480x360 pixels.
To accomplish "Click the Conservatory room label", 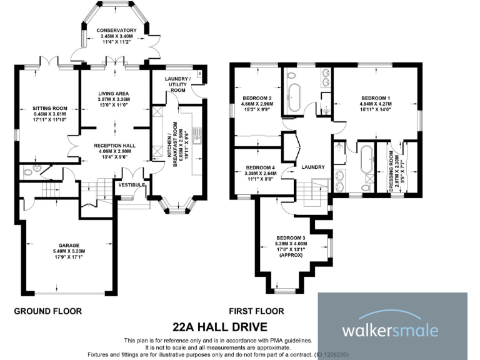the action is [x=116, y=30].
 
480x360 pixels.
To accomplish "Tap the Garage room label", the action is [x=69, y=245].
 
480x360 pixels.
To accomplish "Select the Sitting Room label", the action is [x=49, y=108].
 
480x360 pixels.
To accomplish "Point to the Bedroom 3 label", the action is [x=291, y=238].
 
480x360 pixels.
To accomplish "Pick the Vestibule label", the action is [x=132, y=185].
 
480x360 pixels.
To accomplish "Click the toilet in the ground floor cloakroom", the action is [x=28, y=172].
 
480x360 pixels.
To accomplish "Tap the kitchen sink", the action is [x=197, y=136].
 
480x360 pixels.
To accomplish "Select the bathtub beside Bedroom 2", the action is [x=295, y=97].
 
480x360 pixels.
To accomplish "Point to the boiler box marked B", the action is [x=199, y=74].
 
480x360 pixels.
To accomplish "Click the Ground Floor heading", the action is [x=48, y=311].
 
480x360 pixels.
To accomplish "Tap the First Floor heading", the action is [x=256, y=311].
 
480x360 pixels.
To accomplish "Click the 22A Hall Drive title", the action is [x=220, y=327].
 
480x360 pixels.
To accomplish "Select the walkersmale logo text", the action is [x=390, y=331].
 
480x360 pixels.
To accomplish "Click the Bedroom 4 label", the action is [x=260, y=167].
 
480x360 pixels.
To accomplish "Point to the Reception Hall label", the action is [x=114, y=146].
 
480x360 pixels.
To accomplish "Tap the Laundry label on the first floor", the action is [x=313, y=167].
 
